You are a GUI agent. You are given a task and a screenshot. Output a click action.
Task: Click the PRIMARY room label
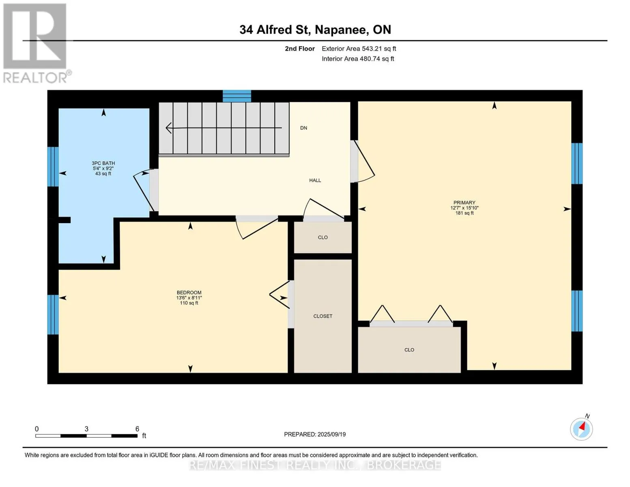(x=464, y=203)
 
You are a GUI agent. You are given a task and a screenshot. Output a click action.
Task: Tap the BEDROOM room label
(x=189, y=292)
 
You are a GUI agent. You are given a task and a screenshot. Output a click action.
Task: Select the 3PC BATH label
(x=103, y=163)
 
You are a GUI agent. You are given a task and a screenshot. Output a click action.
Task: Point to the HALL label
(x=315, y=181)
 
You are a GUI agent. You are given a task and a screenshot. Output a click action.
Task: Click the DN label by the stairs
(x=303, y=128)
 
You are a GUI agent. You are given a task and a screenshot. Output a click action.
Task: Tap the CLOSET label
(x=323, y=316)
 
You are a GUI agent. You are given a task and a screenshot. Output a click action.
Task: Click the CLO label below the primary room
(x=409, y=350)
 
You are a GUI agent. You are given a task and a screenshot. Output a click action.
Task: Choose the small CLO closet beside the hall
(x=323, y=237)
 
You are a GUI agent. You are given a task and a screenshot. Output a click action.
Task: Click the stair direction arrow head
(x=168, y=128)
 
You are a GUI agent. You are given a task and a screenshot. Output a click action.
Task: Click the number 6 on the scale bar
(x=137, y=429)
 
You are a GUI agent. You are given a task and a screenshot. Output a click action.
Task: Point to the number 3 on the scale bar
(x=86, y=429)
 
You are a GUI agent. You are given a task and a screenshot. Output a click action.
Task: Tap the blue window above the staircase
(x=237, y=96)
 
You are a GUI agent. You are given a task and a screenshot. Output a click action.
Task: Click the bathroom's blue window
(x=53, y=166)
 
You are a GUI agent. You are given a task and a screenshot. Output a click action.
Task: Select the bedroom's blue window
(x=53, y=315)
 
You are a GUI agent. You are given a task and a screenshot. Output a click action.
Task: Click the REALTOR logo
(x=36, y=43)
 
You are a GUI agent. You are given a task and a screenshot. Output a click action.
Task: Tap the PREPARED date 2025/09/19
(x=332, y=435)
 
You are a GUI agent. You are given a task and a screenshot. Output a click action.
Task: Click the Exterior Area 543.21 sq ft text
(x=359, y=49)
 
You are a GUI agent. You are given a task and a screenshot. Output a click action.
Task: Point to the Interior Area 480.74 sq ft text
(x=358, y=59)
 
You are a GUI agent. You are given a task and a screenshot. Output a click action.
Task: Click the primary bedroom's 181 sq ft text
(x=464, y=213)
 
